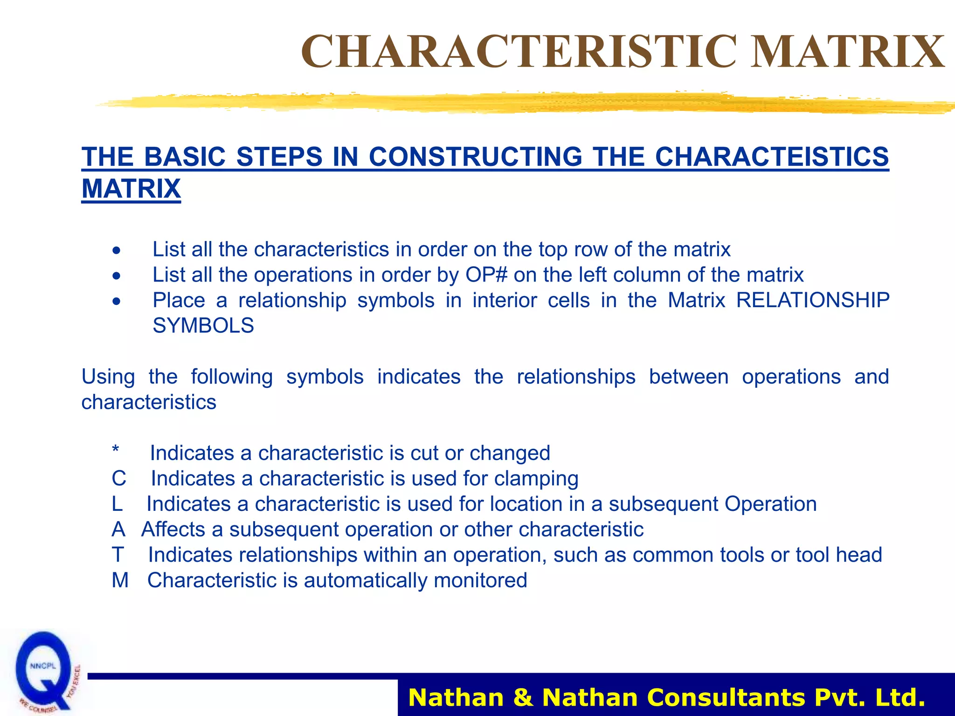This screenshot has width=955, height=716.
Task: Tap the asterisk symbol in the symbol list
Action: click(116, 450)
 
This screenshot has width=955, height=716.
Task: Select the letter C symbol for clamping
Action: click(119, 479)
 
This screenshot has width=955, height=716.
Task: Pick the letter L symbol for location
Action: click(117, 504)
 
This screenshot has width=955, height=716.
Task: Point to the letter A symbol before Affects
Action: click(118, 530)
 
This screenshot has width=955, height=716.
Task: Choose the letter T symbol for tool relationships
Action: click(118, 555)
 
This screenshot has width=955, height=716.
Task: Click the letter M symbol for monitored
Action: click(120, 580)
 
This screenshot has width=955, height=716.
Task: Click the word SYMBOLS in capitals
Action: click(203, 325)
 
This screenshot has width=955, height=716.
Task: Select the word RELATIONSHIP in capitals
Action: click(813, 300)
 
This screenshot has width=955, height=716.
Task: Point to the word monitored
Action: click(480, 580)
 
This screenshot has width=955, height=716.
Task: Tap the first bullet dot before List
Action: click(116, 250)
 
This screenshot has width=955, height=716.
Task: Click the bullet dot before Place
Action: click(116, 301)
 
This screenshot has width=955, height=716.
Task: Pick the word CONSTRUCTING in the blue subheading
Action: click(475, 157)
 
